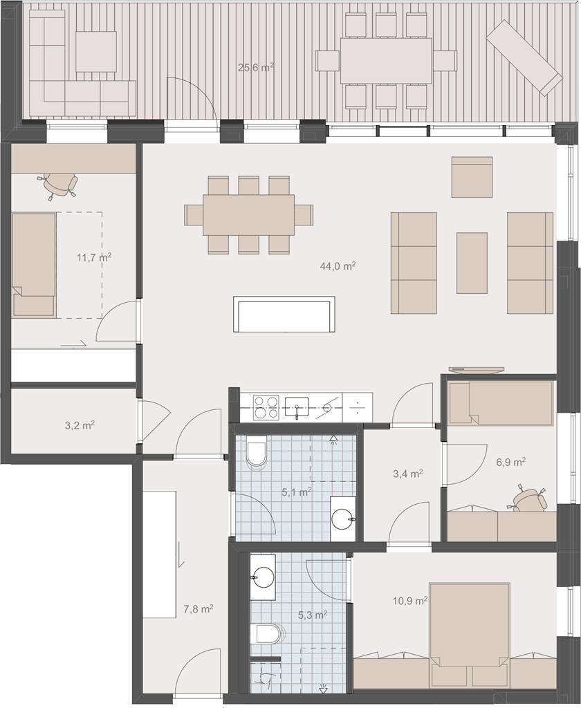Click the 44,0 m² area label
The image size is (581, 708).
tap(338, 266)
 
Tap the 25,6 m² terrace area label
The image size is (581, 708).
tap(256, 68)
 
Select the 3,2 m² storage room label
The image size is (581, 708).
tap(79, 425)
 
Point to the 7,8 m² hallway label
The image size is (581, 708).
tap(199, 609)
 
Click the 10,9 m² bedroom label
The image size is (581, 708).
tap(410, 601)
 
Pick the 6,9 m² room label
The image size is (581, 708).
tap(510, 462)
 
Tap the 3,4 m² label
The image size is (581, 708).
tap(408, 474)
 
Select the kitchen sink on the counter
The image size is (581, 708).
tap(296, 408)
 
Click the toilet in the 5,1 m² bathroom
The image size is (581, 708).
tap(257, 454)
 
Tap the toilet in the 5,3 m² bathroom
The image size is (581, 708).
tap(269, 633)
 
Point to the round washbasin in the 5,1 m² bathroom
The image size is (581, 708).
tap(342, 519)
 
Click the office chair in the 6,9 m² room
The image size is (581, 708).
tap(530, 498)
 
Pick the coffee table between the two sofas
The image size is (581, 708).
tap(472, 263)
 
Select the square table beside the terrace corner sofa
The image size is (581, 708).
tap(95, 51)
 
